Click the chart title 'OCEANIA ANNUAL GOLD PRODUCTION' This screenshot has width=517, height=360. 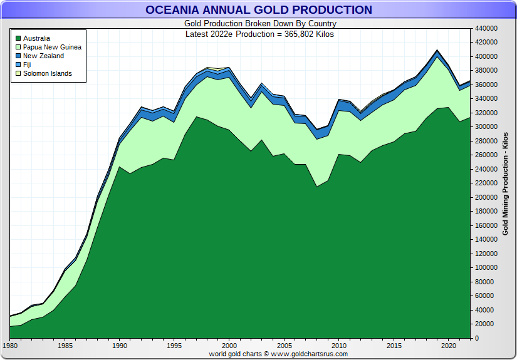(x=258, y=9)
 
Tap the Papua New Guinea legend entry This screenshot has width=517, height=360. (x=52, y=47)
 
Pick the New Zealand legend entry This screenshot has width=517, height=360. (x=43, y=56)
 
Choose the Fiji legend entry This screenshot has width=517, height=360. (x=27, y=64)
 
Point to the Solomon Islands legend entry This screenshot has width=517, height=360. (x=47, y=73)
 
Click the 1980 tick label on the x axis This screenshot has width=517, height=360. (x=10, y=345)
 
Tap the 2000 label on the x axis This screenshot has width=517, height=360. (x=229, y=345)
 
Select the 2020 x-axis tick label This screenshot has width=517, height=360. (x=448, y=345)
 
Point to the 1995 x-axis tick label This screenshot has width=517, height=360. (x=174, y=345)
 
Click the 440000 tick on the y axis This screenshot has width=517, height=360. (x=487, y=28)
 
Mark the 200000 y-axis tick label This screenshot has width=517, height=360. (x=487, y=197)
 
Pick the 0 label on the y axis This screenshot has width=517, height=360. (x=478, y=338)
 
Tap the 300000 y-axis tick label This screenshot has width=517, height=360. (x=487, y=127)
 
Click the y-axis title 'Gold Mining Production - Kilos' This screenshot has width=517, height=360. (x=505, y=183)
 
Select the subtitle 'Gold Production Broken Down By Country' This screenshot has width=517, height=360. (x=259, y=24)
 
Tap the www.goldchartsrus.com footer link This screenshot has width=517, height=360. (x=309, y=354)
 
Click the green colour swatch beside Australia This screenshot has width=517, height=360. (x=18, y=38)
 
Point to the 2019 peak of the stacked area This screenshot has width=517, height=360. (x=437, y=50)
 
